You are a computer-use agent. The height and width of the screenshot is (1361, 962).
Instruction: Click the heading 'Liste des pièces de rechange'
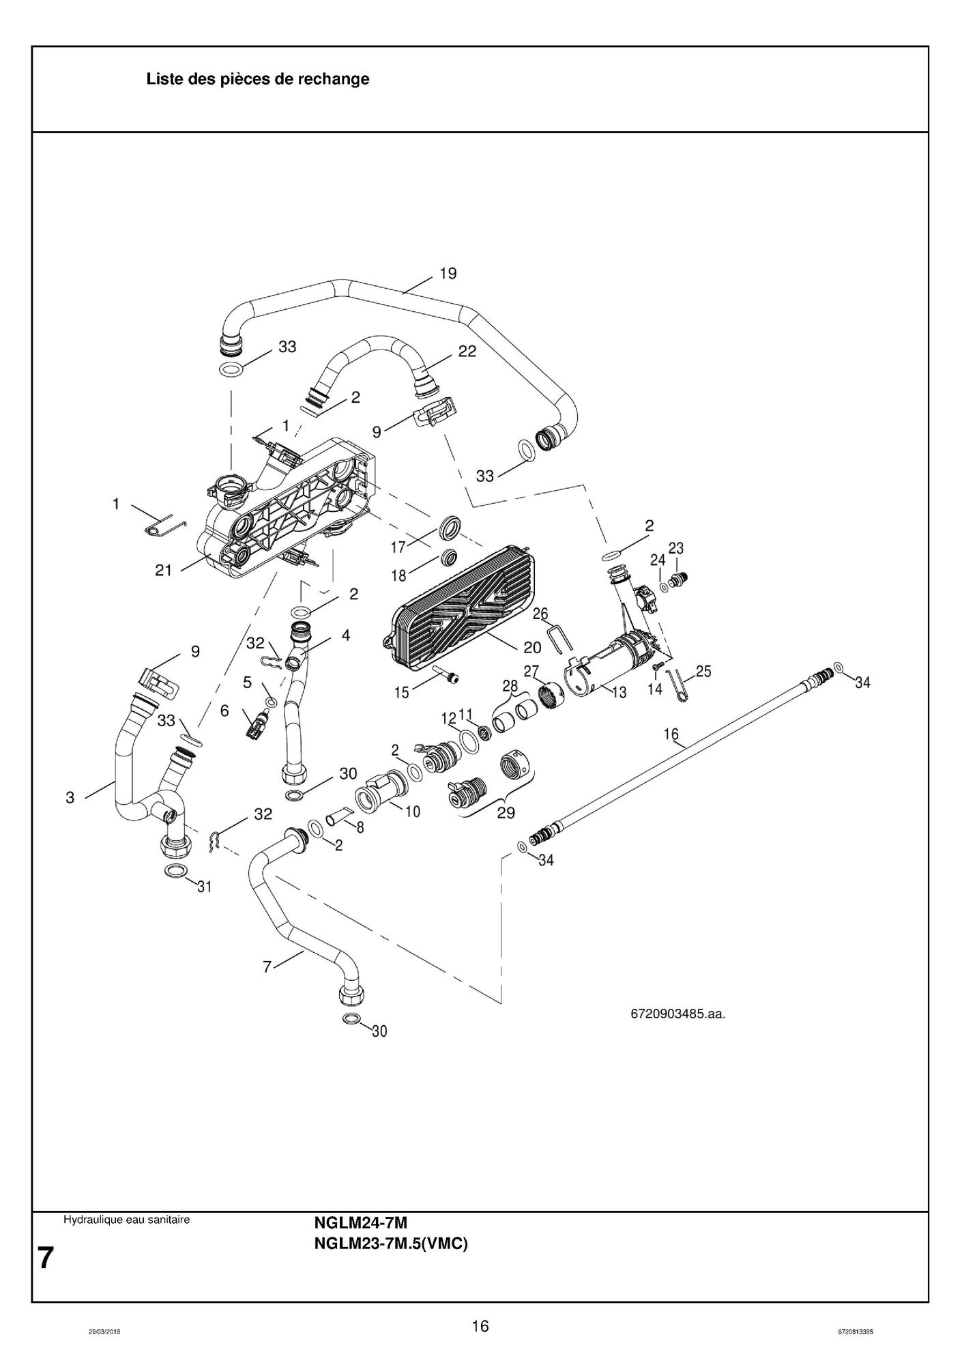pos(258,79)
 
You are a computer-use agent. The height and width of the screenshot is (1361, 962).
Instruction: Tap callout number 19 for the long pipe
pos(448,274)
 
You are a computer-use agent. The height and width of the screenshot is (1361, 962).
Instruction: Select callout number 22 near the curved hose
pos(467,352)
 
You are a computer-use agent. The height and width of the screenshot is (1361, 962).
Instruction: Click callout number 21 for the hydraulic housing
pos(164,570)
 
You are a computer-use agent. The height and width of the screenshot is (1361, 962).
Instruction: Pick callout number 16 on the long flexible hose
pos(671,734)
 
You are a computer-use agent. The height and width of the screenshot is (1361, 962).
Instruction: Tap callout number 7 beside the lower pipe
pos(267,966)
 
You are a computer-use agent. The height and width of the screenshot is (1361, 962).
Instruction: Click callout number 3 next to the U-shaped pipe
pos(70,797)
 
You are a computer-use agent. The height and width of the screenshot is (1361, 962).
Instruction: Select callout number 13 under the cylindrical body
pos(619,693)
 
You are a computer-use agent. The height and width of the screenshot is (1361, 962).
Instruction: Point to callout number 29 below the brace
pos(506,813)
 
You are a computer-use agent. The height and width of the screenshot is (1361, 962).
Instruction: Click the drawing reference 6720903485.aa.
pos(677,1014)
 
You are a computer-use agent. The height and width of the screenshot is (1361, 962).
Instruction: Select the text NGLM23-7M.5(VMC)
pos(391,1244)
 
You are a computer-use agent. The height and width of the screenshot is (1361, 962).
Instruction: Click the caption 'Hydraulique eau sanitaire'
pos(127,1220)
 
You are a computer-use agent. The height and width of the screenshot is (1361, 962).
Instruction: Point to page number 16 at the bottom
pos(480,1326)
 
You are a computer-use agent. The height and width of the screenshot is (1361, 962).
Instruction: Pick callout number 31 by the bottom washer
pos(205,887)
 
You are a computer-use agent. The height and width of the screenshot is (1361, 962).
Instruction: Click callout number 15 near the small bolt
pos(401,693)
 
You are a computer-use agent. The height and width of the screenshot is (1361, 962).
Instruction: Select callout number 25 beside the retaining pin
pos(704,672)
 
